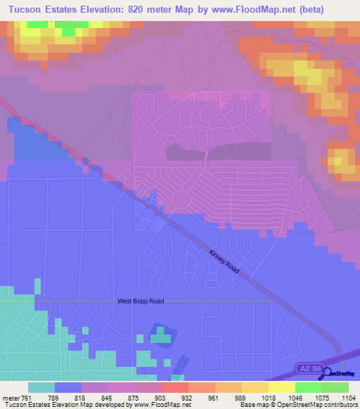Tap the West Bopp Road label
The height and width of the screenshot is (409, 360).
[x=140, y=301]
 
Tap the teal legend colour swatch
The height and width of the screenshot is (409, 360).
[x=41, y=387]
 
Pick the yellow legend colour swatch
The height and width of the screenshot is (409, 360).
[x=281, y=387]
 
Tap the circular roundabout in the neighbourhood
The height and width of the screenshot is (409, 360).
[x=180, y=200]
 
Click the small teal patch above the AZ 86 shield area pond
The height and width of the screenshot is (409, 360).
[x=161, y=338]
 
